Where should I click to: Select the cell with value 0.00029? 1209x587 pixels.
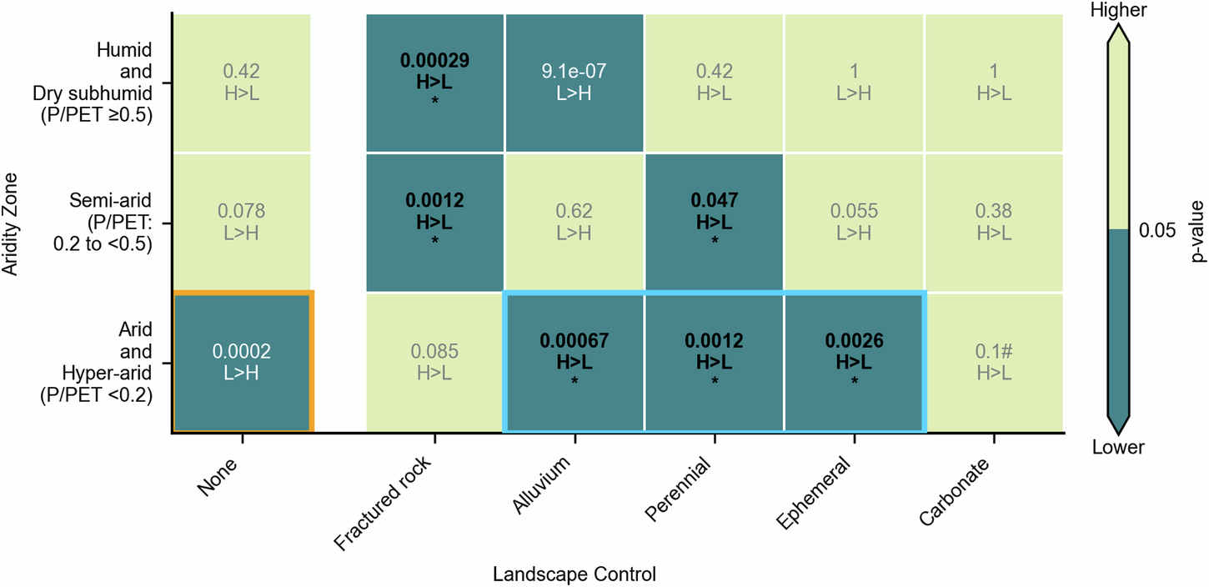(x=434, y=83)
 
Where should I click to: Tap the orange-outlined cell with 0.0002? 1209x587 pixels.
(x=242, y=362)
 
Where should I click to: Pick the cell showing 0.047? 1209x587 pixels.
(x=713, y=223)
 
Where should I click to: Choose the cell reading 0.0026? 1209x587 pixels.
(x=853, y=362)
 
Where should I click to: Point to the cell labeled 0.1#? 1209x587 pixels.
(x=993, y=362)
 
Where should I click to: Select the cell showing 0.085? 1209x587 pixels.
(x=434, y=362)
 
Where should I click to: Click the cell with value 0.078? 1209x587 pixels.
(x=242, y=223)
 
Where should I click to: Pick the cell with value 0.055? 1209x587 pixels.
(x=853, y=223)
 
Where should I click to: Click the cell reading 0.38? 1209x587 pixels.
(x=993, y=223)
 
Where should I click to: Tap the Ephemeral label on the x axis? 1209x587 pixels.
(x=812, y=494)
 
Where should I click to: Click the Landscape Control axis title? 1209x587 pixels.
(x=574, y=574)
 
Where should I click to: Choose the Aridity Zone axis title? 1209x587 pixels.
(x=10, y=223)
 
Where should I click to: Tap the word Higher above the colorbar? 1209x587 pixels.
(x=1118, y=10)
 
